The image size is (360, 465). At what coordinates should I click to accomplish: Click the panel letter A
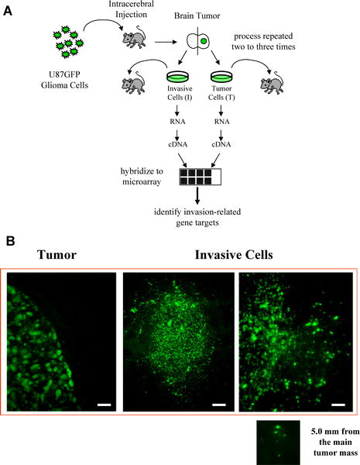(x=8, y=12)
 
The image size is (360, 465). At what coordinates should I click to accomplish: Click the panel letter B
(x=10, y=241)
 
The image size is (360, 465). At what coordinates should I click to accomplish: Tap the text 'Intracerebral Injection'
(x=131, y=9)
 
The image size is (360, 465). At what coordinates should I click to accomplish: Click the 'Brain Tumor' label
(x=197, y=15)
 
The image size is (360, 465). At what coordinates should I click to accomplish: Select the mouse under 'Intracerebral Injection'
(x=135, y=36)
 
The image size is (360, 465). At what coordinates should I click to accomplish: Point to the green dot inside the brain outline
(x=204, y=41)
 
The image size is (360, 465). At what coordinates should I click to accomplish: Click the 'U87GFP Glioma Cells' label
(x=64, y=80)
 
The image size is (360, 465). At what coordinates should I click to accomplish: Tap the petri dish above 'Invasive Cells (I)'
(x=178, y=77)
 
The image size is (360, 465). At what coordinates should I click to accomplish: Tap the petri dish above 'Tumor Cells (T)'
(x=221, y=77)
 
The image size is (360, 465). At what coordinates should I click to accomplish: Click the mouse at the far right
(x=272, y=82)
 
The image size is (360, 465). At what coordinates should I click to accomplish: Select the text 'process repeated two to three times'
(x=263, y=42)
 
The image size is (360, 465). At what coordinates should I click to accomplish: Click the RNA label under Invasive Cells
(x=178, y=122)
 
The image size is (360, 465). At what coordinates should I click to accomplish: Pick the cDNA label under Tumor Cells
(x=221, y=144)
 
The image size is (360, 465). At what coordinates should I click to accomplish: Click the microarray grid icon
(x=201, y=177)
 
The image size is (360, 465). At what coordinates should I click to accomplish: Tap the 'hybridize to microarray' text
(x=142, y=176)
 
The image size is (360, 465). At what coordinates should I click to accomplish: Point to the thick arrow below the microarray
(x=197, y=195)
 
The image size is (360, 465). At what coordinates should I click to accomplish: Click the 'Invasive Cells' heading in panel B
(x=234, y=255)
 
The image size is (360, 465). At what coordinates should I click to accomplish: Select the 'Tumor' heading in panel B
(x=57, y=255)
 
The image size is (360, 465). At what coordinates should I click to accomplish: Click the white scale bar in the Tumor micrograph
(x=104, y=405)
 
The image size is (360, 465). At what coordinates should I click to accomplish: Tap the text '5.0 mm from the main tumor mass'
(x=335, y=442)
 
